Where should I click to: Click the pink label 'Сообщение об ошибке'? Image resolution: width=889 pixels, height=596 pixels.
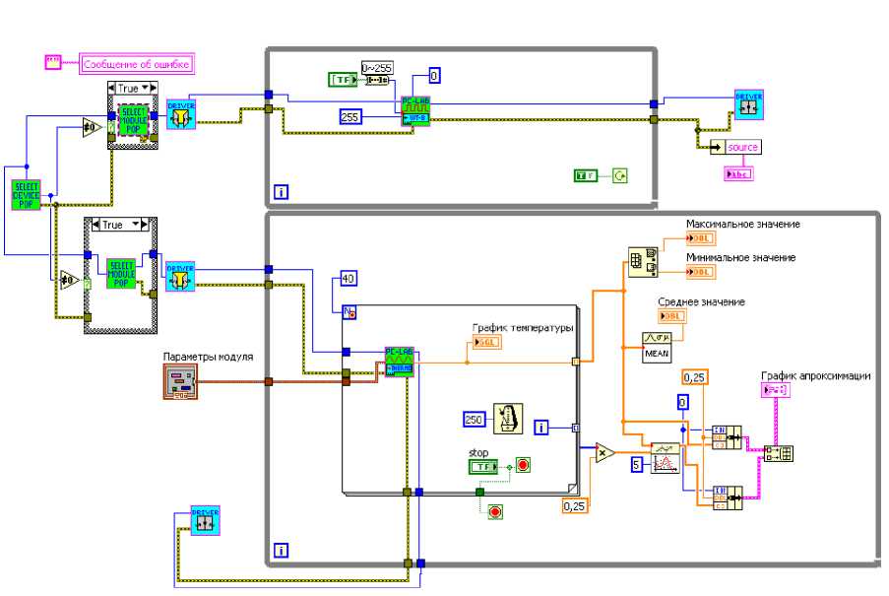136,64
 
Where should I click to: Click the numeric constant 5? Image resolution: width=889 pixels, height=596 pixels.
637,462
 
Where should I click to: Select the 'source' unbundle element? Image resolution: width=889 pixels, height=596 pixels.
742,147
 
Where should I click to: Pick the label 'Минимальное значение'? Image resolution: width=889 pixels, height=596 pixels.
740,257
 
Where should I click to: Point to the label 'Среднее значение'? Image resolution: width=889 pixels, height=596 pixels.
701,301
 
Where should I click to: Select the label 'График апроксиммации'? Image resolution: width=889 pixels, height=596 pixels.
815,375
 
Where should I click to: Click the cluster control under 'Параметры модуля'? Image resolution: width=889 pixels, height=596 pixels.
180,382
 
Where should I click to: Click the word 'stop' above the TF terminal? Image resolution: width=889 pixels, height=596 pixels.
478,453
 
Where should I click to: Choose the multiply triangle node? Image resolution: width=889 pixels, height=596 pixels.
603,453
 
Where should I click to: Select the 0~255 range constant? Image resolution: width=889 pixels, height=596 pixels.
376,67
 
